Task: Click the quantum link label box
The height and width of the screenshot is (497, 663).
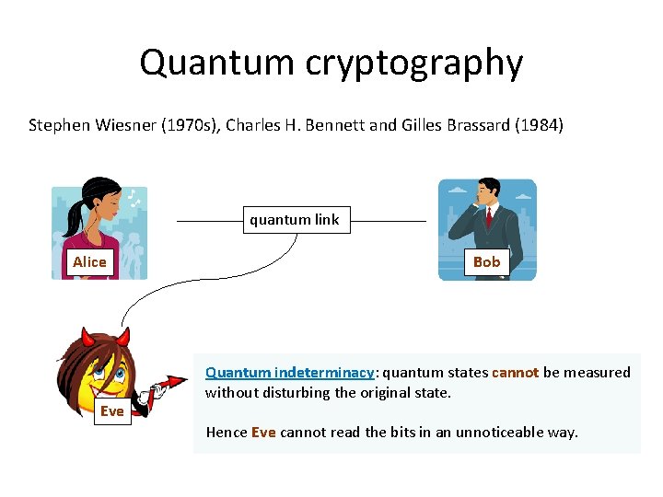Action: click(x=294, y=220)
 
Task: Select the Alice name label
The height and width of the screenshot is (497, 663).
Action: click(x=89, y=262)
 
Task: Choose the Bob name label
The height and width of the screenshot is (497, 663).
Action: click(x=486, y=262)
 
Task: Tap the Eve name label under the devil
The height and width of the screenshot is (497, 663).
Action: click(x=111, y=411)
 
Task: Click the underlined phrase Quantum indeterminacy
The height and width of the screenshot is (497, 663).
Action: click(x=289, y=373)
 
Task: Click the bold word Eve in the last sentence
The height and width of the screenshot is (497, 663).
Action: click(x=263, y=432)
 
